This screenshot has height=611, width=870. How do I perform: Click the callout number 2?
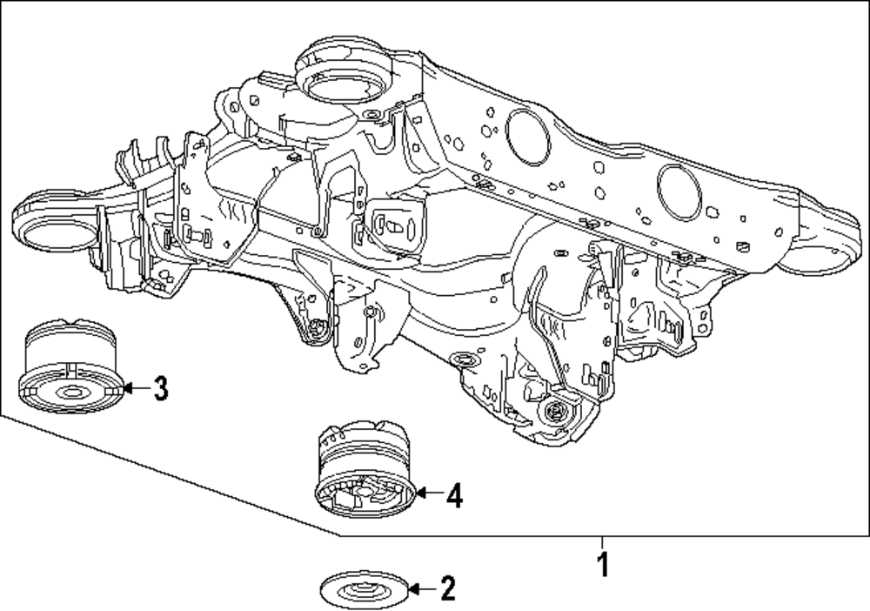pos(447,589)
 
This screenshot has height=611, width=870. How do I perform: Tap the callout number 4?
pos(454,496)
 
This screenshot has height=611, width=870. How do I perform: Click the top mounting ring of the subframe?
pos(340,84)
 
